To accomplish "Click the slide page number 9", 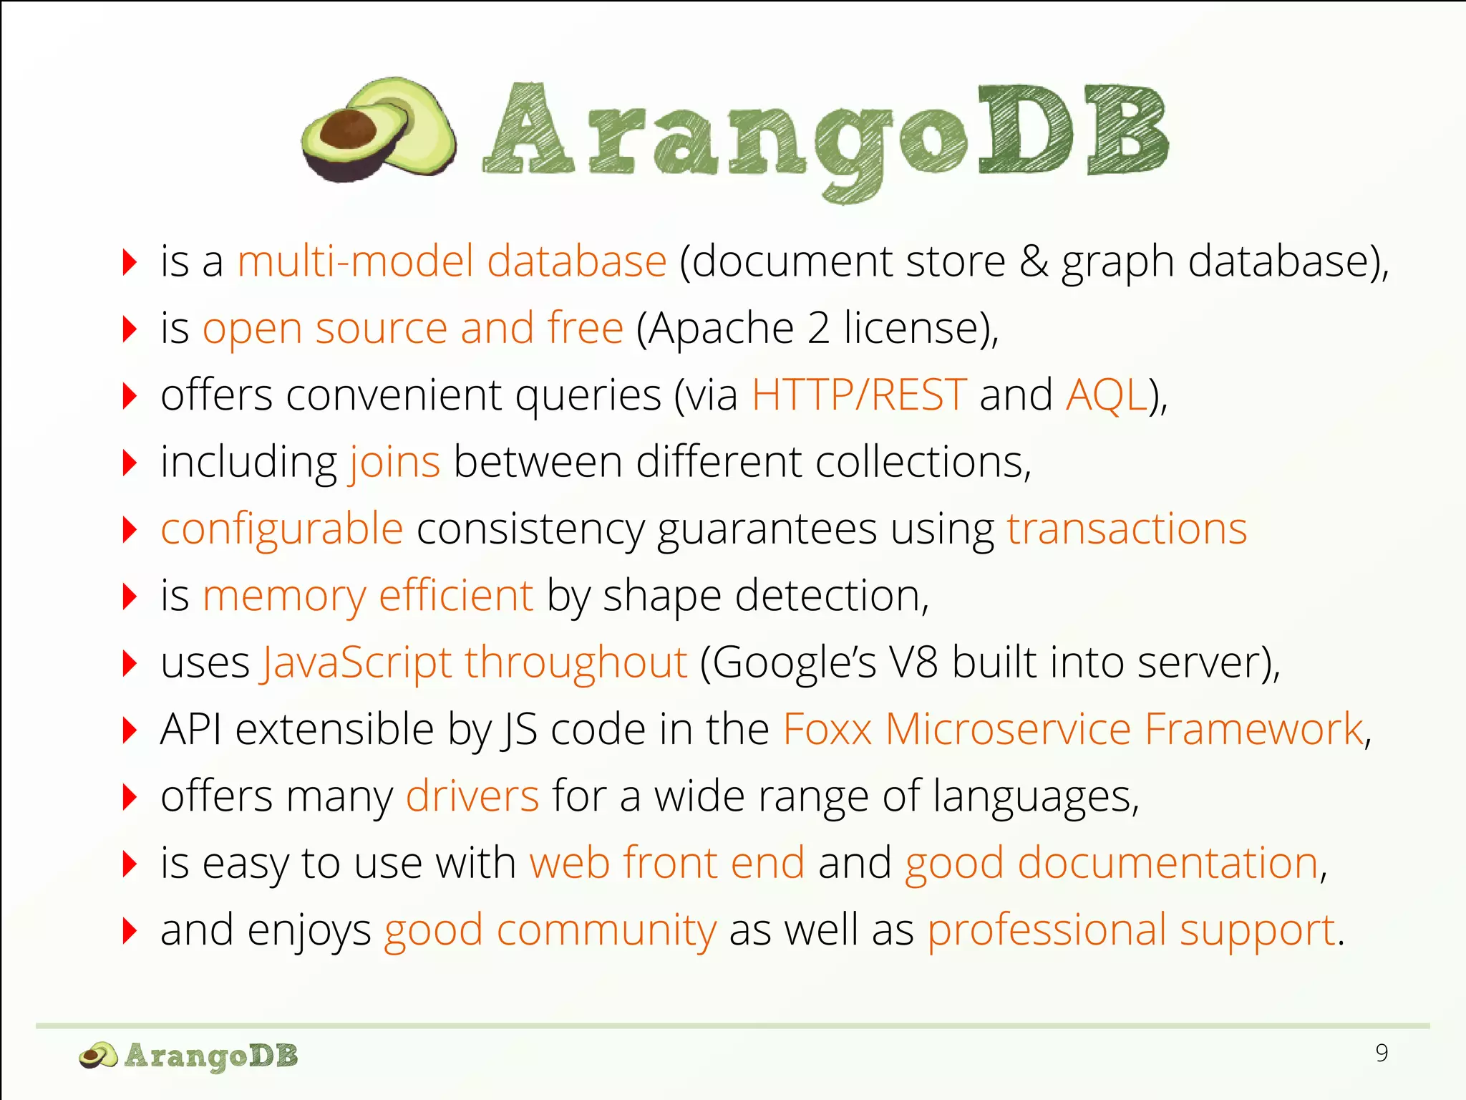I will [x=1382, y=1053].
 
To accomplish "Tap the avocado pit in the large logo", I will [x=348, y=130].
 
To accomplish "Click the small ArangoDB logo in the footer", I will [x=188, y=1056].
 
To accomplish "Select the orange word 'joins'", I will [x=394, y=462].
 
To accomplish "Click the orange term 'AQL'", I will [x=1106, y=395].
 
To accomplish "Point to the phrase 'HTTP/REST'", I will [x=859, y=395].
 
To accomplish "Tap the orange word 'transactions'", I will [x=1127, y=529].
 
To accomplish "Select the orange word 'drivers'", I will [x=472, y=796].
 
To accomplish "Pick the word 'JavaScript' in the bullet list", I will [x=356, y=663].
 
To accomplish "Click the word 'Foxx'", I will [x=827, y=729].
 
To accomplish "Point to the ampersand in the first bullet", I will [x=1034, y=261].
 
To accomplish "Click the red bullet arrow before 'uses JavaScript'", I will [x=130, y=663].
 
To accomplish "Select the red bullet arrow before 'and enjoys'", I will [x=130, y=930].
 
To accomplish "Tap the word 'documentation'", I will [x=1168, y=863].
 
